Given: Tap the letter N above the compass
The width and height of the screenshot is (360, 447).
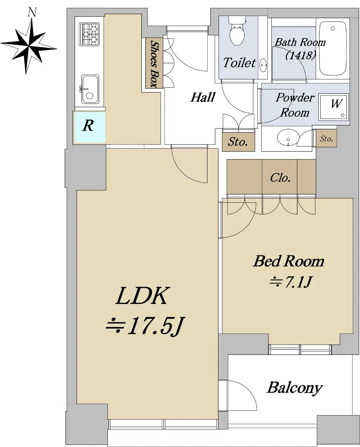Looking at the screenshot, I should (x=33, y=12).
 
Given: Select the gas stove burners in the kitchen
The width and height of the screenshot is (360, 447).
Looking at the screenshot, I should (x=90, y=34).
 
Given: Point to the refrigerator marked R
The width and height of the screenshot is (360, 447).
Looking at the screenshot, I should (x=88, y=126).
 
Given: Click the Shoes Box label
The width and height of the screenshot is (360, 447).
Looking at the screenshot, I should (x=153, y=64).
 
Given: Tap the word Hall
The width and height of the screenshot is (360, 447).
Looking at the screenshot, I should (x=203, y=98).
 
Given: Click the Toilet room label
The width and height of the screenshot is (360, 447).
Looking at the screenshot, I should (x=239, y=63).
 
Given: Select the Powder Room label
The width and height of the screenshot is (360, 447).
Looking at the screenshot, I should (x=295, y=105).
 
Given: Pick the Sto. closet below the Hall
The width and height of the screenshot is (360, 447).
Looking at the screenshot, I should (x=238, y=142).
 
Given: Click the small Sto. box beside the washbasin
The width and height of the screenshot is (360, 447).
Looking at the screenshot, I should (x=326, y=139).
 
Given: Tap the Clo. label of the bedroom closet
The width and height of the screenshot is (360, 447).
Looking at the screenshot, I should (x=280, y=178).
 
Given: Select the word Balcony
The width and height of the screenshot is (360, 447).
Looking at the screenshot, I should (x=294, y=388).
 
